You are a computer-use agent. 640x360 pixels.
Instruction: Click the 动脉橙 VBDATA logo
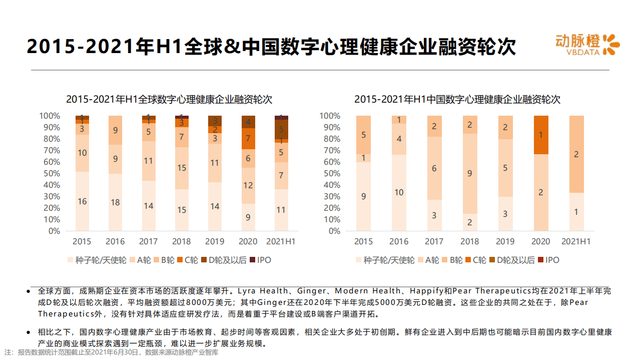click(587, 44)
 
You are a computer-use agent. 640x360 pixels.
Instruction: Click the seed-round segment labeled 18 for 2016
click(115, 202)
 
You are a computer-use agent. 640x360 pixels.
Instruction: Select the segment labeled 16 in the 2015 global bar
click(82, 201)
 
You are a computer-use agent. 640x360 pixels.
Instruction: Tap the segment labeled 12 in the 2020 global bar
click(248, 185)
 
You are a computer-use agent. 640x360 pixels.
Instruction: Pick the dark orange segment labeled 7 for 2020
click(248, 139)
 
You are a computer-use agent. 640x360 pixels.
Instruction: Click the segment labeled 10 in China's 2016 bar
click(399, 193)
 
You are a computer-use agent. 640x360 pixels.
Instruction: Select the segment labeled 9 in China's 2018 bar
click(469, 174)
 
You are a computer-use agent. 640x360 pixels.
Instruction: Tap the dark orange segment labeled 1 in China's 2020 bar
click(540, 135)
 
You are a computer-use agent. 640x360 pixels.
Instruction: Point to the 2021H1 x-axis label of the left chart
click(280, 241)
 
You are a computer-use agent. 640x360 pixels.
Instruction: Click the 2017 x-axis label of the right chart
click(434, 241)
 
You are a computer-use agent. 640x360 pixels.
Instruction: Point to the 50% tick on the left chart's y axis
click(50, 174)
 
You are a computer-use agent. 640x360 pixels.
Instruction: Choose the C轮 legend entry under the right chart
click(475, 260)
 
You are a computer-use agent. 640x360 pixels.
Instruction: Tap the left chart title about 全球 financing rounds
click(169, 99)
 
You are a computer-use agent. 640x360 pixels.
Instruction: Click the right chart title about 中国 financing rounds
click(457, 99)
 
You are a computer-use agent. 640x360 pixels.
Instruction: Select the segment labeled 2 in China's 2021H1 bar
click(576, 154)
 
